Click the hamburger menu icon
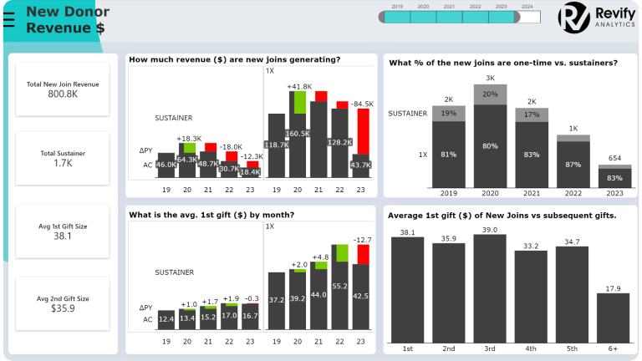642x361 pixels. pos(8,19)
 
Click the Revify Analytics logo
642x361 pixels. pos(595,18)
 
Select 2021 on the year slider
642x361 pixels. pos(449,17)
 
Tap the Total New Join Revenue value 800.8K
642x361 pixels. pos(63,94)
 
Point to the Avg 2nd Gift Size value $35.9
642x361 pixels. pos(63,308)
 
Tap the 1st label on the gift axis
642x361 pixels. pos(408,348)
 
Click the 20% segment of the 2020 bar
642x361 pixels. pos(490,94)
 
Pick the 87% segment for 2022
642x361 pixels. pos(572,165)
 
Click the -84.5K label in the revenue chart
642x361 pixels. pos(362,104)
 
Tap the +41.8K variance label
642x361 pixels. pos(298,87)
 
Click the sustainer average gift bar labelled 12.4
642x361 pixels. pos(166,318)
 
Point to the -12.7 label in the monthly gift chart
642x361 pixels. pos(362,240)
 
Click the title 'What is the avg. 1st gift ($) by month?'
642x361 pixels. pos(211,215)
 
